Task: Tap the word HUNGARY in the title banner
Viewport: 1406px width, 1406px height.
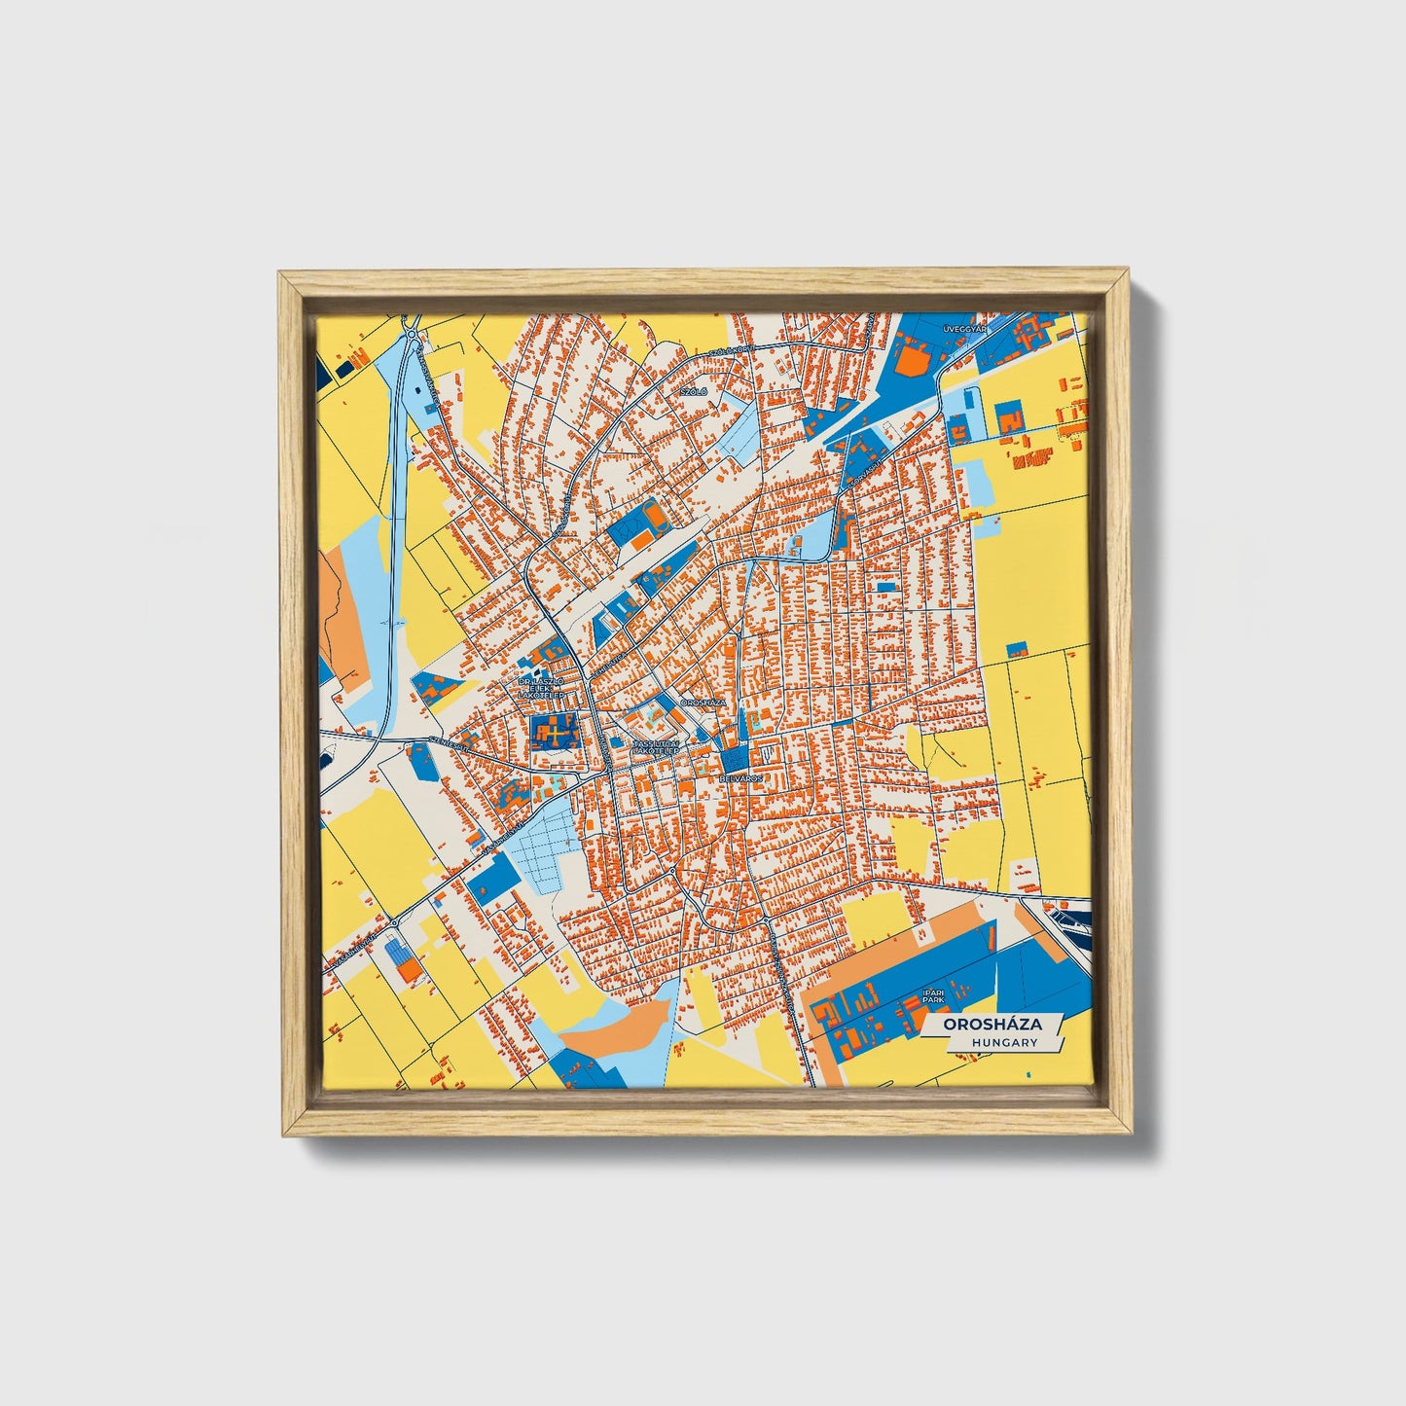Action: [1004, 1042]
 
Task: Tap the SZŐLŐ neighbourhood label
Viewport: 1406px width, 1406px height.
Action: [694, 391]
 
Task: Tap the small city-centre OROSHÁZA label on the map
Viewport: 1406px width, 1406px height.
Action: [703, 701]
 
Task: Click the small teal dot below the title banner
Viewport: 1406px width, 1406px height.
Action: [1027, 1072]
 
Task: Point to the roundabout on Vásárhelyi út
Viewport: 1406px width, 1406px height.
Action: [394, 921]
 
